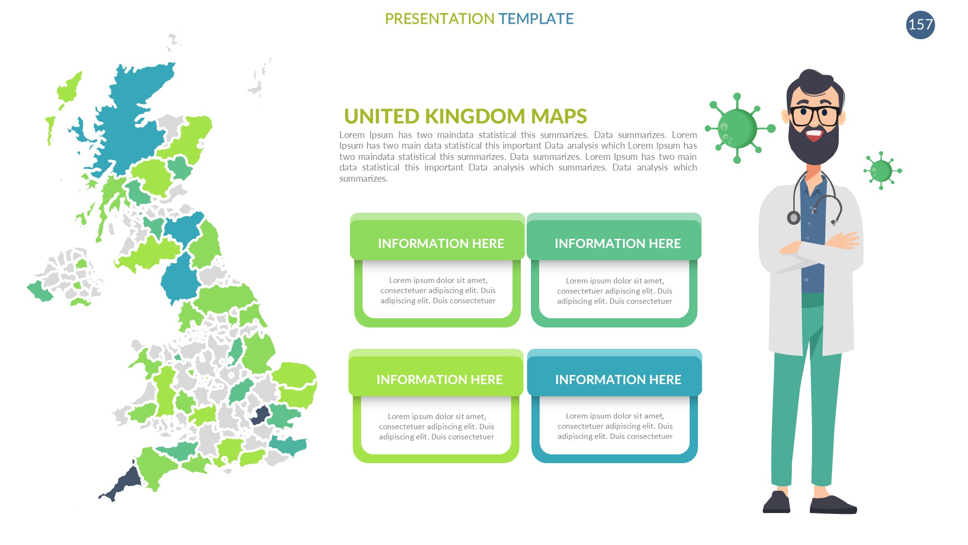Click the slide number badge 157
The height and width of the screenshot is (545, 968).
pyautogui.click(x=920, y=25)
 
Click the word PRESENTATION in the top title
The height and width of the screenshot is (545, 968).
pyautogui.click(x=439, y=19)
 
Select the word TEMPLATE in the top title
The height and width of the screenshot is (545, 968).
pyautogui.click(x=536, y=19)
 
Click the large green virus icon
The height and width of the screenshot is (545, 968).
pyautogui.click(x=738, y=128)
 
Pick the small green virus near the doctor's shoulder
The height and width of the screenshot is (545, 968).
pyautogui.click(x=881, y=171)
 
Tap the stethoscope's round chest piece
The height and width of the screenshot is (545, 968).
pyautogui.click(x=794, y=218)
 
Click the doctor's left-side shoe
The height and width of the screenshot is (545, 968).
pyautogui.click(x=777, y=502)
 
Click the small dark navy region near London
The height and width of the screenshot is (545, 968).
pyautogui.click(x=261, y=416)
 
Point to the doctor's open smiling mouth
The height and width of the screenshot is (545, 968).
pyautogui.click(x=814, y=134)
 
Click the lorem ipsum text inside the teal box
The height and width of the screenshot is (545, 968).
pyautogui.click(x=615, y=426)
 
